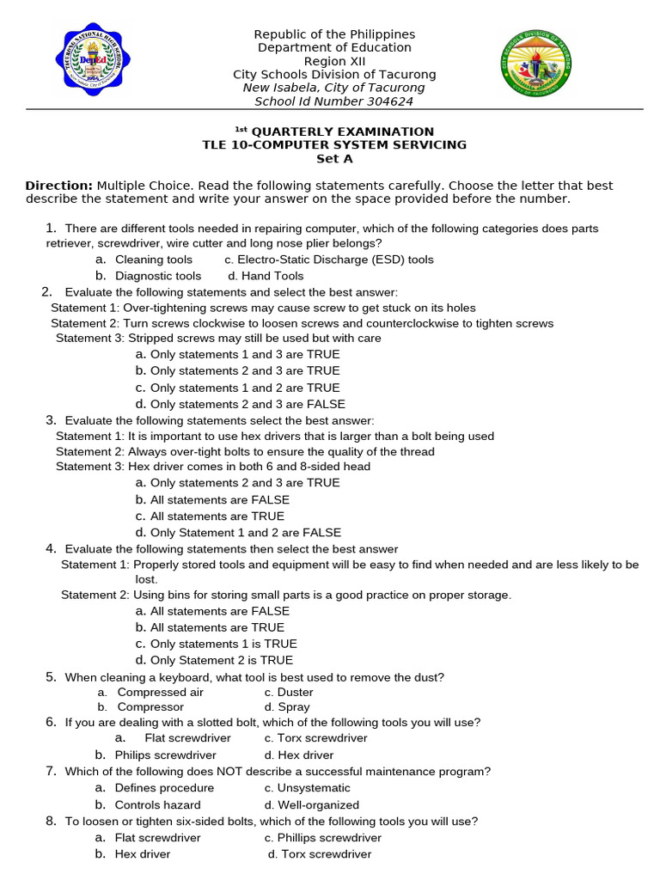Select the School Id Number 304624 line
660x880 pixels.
pyautogui.click(x=334, y=101)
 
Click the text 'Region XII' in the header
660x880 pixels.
pyautogui.click(x=334, y=61)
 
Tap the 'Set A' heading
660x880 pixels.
pyautogui.click(x=334, y=159)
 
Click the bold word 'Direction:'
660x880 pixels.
pyautogui.click(x=58, y=186)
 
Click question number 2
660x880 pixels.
pyautogui.click(x=47, y=292)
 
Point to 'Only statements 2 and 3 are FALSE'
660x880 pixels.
pyautogui.click(x=247, y=404)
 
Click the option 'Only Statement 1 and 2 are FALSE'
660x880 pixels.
pyautogui.click(x=246, y=533)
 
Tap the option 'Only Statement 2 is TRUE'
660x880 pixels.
pyautogui.click(x=222, y=660)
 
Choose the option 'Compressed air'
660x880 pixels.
pyautogui.click(x=160, y=692)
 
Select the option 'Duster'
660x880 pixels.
pyautogui.click(x=295, y=692)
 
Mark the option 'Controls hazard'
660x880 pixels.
pyautogui.click(x=157, y=805)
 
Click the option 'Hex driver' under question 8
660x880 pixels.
pyautogui.click(x=143, y=854)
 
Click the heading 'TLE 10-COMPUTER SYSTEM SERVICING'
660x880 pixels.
pyautogui.click(x=334, y=145)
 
